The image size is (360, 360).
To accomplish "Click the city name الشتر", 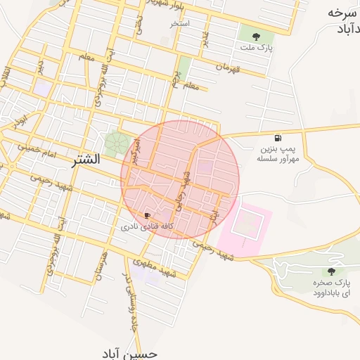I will click(x=86, y=160).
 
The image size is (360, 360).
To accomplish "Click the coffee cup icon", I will click(x=146, y=215).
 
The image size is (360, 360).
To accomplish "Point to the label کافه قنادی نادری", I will click(x=146, y=227).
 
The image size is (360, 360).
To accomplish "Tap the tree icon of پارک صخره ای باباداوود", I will click(x=330, y=271).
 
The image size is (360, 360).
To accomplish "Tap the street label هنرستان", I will click(x=105, y=266).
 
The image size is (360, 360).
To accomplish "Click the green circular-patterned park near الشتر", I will click(x=117, y=145).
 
